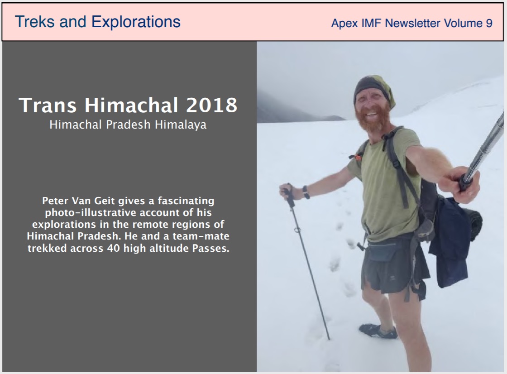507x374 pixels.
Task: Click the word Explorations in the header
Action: (136, 23)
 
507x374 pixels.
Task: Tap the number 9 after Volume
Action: (489, 23)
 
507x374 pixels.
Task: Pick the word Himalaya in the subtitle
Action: (181, 125)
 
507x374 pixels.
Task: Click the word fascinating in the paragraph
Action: (186, 201)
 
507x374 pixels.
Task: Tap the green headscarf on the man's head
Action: (375, 88)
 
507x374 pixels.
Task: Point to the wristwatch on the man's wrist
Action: (306, 192)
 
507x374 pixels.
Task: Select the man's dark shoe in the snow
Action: (378, 331)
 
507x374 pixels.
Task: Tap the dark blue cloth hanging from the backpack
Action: (450, 243)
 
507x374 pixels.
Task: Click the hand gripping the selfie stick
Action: (459, 184)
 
